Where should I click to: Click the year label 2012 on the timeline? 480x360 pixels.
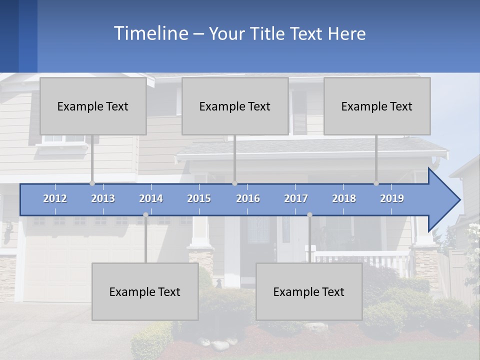point(55,198)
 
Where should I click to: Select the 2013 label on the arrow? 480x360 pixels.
point(103,198)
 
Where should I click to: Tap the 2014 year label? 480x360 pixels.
point(151,198)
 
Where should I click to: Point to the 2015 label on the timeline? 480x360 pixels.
point(199,198)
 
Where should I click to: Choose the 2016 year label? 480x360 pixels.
point(248,198)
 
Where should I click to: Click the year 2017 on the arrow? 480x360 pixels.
point(296,198)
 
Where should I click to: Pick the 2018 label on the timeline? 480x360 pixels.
point(344,198)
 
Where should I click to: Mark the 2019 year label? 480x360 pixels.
point(392,198)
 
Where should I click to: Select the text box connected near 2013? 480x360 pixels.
point(93,106)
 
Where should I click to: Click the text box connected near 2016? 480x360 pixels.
point(235,106)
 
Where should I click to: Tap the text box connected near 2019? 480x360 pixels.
point(377,106)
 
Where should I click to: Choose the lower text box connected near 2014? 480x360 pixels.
point(145,291)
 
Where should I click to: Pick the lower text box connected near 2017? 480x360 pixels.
point(309,291)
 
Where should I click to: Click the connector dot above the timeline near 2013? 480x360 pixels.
point(92,183)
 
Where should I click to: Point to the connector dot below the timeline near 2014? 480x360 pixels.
point(145,215)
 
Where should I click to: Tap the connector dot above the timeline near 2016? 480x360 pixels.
point(234,183)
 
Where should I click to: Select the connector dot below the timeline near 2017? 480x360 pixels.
point(309,215)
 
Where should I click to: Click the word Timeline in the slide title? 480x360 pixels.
point(150,33)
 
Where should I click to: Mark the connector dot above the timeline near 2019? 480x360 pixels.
point(376,183)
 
